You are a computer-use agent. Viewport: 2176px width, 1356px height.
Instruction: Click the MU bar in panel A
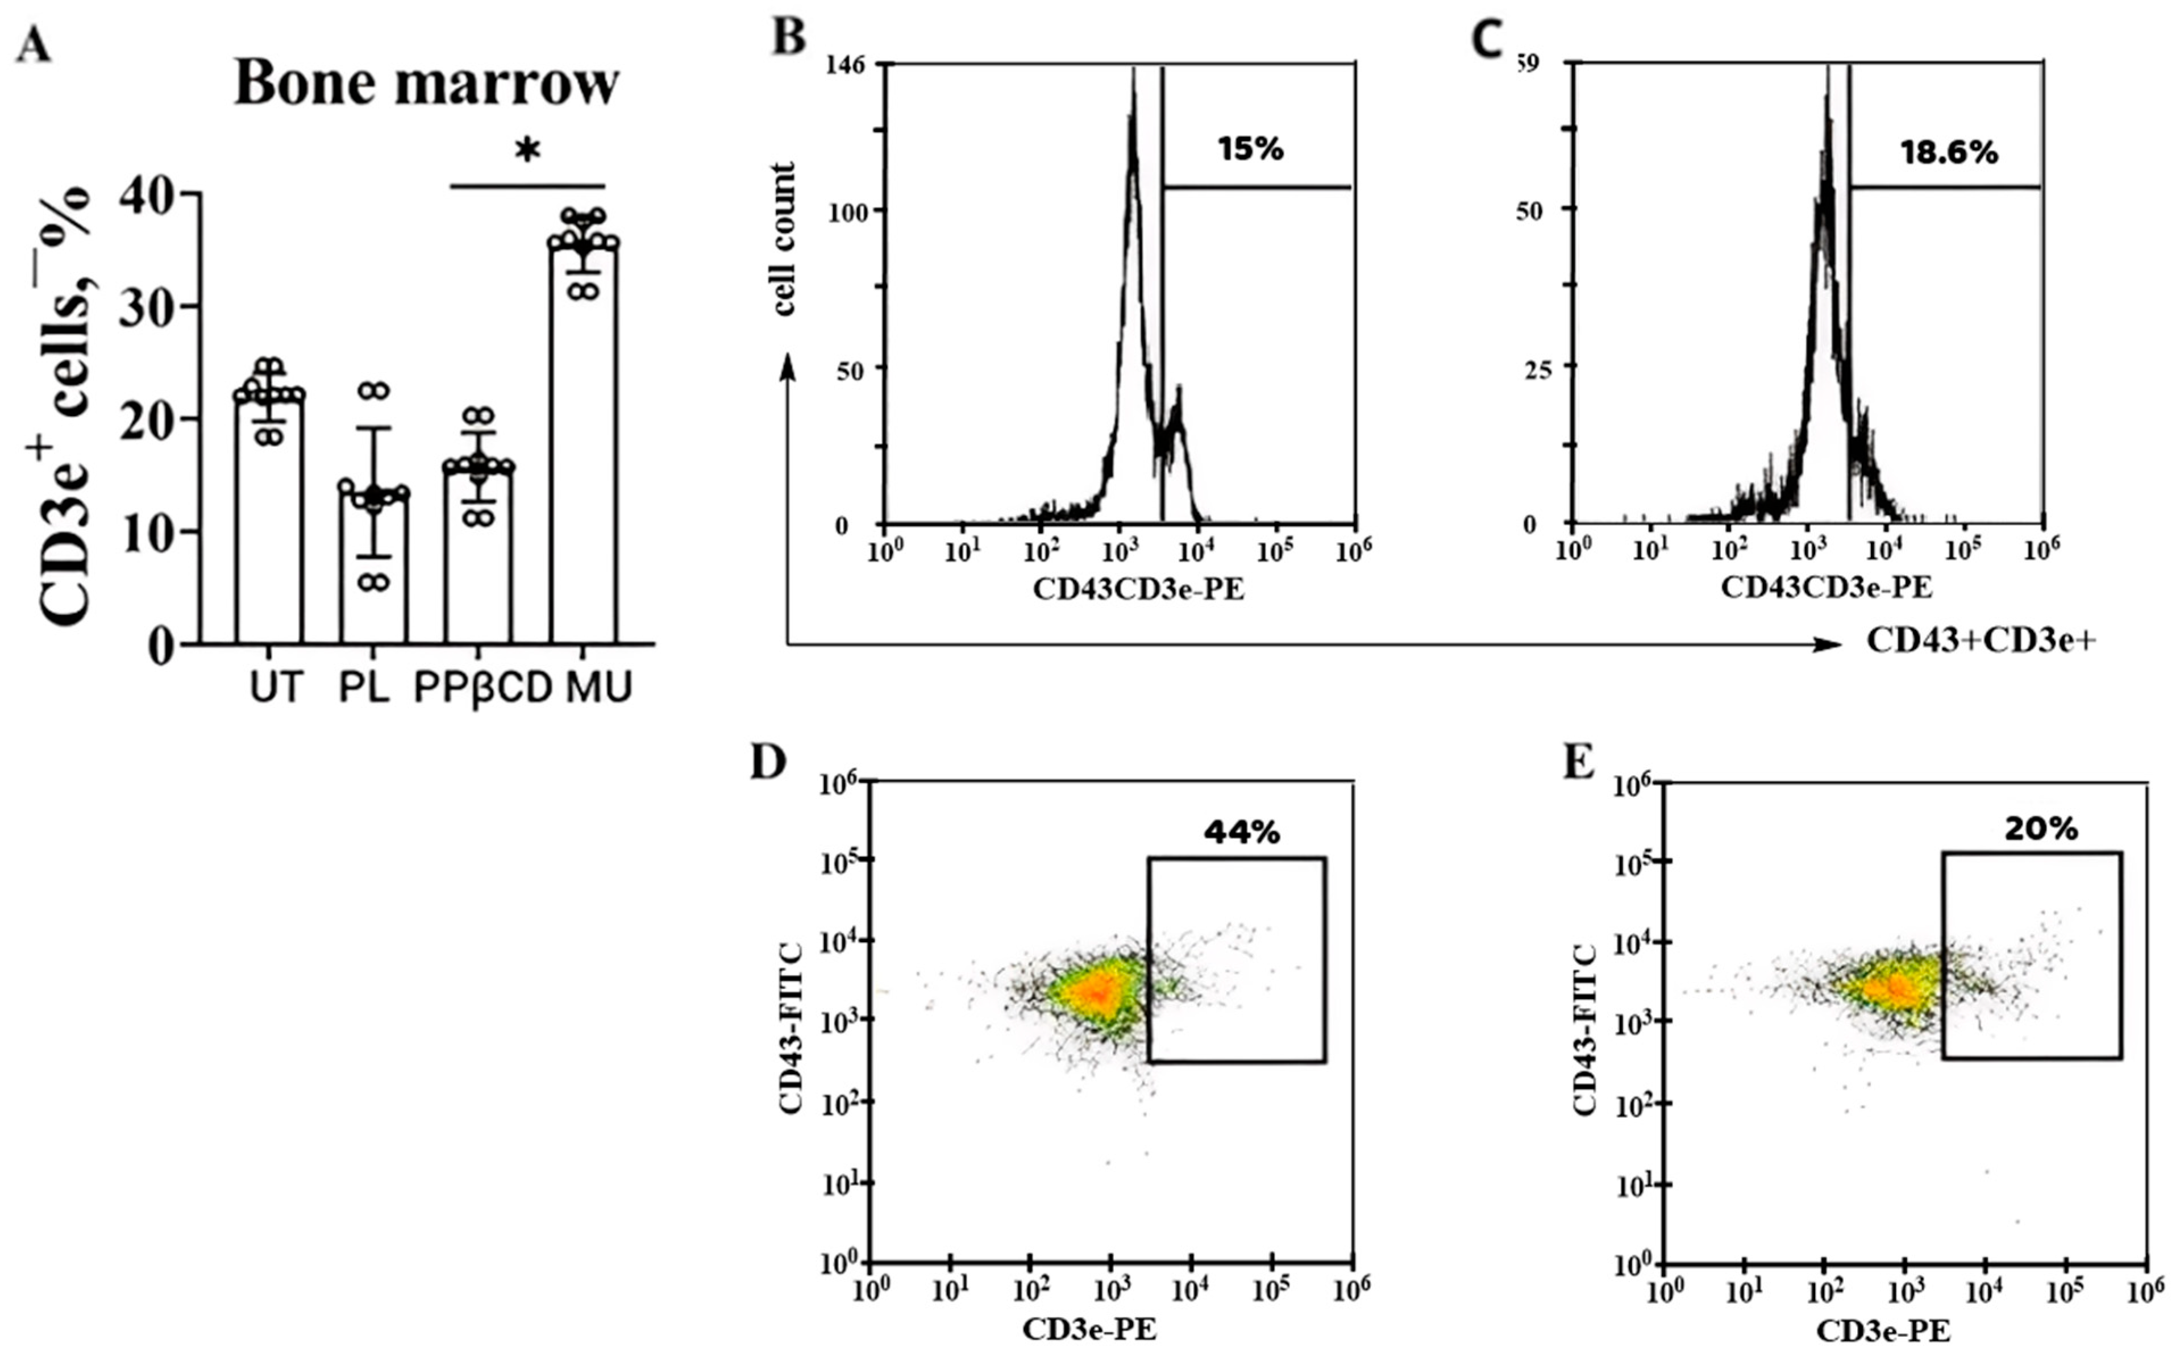(584, 448)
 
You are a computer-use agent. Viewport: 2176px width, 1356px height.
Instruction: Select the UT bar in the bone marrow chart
(269, 520)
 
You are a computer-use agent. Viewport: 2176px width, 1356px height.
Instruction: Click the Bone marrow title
(427, 84)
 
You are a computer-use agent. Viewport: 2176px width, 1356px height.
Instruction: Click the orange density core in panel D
(1096, 991)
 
